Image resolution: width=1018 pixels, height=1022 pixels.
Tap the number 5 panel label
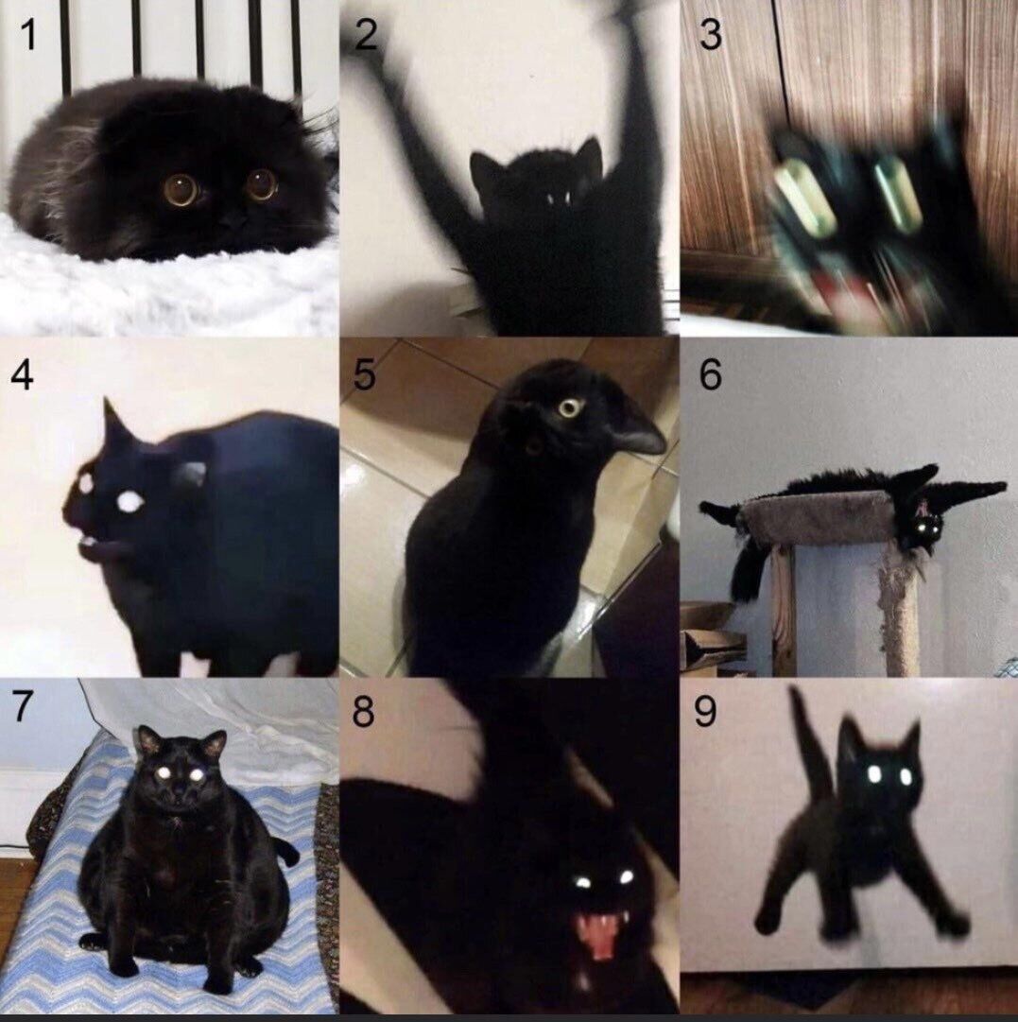coord(364,374)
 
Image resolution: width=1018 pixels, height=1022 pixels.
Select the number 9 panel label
coord(705,712)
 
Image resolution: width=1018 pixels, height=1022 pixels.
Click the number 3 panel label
coord(710,35)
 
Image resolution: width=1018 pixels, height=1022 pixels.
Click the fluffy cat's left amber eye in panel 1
coord(181,189)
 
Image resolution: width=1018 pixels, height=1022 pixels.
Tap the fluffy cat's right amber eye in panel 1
coord(261,183)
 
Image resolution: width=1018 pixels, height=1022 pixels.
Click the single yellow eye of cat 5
coord(569,407)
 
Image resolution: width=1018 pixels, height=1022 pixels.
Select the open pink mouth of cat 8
coord(598,933)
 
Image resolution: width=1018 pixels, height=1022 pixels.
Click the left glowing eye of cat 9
coord(874,774)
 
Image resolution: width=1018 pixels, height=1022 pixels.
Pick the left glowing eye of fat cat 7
coord(164,772)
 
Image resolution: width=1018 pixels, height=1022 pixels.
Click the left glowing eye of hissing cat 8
coord(583,882)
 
